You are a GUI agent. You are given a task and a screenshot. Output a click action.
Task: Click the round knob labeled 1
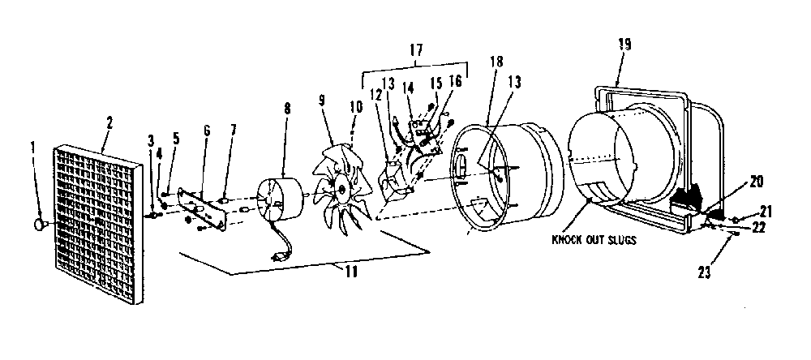coord(40,225)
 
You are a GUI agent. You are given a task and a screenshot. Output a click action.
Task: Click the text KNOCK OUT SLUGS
coord(594,240)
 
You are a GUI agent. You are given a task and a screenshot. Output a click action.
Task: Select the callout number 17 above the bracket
coord(416,50)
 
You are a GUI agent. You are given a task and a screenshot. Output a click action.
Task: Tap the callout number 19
coord(624,44)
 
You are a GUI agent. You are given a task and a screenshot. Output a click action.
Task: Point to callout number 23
coord(705,271)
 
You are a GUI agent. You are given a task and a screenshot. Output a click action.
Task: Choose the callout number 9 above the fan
coord(322,101)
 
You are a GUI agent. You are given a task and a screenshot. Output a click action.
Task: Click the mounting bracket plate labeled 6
coord(202,208)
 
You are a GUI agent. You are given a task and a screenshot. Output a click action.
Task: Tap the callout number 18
coord(496,61)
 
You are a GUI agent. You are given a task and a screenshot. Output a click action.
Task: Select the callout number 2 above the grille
coord(109,123)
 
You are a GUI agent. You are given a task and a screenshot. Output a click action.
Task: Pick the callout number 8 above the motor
coord(287,109)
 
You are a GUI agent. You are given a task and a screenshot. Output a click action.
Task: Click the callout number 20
coord(756,182)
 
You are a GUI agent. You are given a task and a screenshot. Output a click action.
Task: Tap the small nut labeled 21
coord(736,221)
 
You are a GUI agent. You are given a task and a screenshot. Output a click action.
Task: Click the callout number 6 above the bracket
coord(207,131)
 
